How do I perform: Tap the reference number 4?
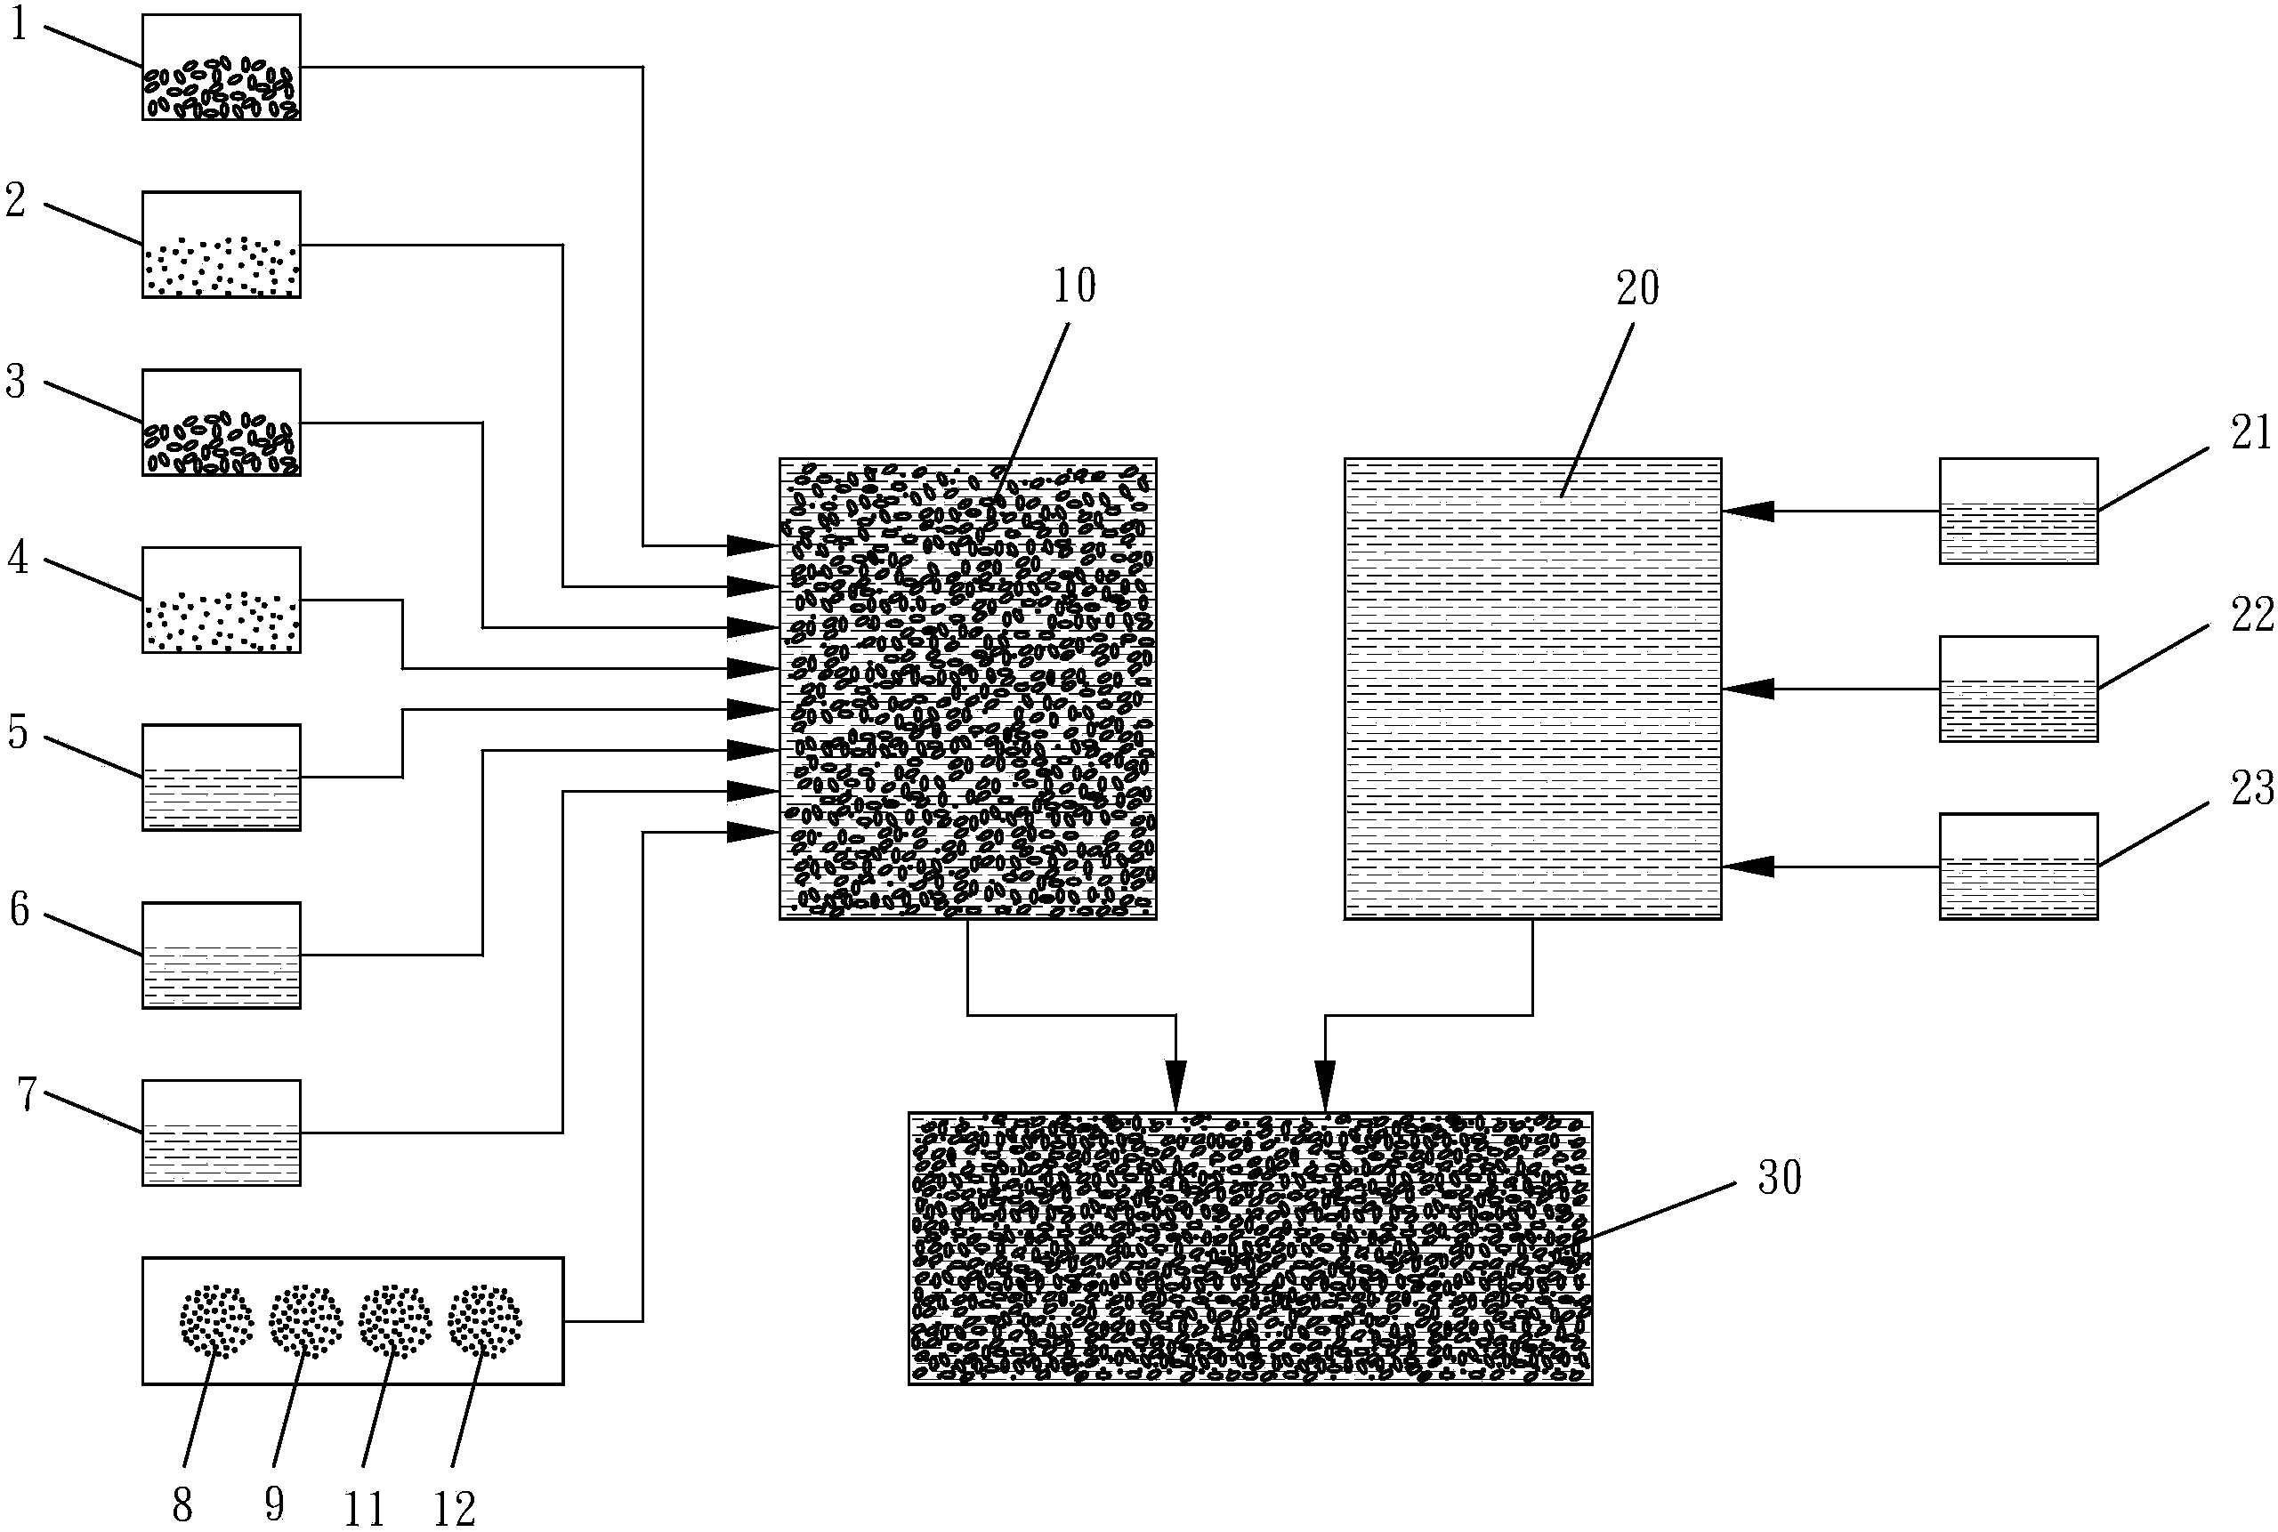19,559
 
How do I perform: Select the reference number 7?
27,1094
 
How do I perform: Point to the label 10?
1074,286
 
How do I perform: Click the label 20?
1638,288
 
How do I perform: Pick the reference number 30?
1780,1178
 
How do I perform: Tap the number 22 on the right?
2251,616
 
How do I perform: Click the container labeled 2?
221,245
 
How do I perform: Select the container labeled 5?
221,778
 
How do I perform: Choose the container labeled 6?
221,955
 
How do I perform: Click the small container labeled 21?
2018,511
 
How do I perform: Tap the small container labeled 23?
2018,866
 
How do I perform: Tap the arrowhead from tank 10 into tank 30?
1175,1086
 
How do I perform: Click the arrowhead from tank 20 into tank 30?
1325,1086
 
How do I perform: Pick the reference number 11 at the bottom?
365,1511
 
